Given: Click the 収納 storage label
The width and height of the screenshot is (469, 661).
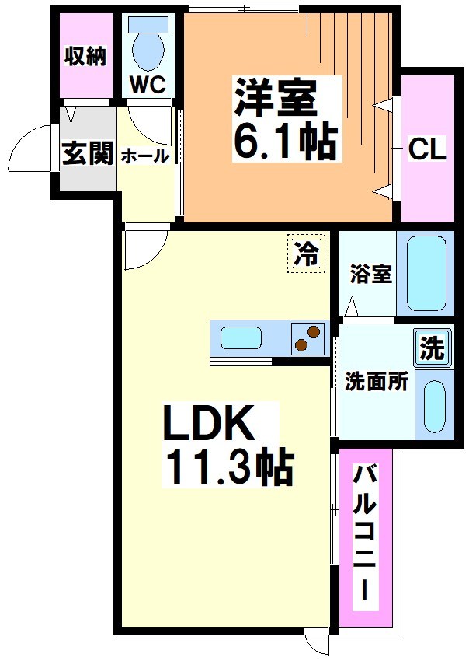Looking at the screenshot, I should [x=85, y=57].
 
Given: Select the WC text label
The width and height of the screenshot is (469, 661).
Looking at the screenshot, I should [x=148, y=85].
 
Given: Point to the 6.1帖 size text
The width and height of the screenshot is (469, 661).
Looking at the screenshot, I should [x=284, y=142].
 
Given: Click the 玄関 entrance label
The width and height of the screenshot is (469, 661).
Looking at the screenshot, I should [x=87, y=154].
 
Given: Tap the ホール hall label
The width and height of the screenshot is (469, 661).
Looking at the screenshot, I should [x=144, y=156].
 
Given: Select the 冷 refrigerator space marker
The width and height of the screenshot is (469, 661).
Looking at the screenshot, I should [x=307, y=254].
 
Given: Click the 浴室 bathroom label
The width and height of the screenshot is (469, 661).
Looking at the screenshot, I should [x=370, y=274].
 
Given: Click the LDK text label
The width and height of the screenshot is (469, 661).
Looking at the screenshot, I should [x=209, y=425].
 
